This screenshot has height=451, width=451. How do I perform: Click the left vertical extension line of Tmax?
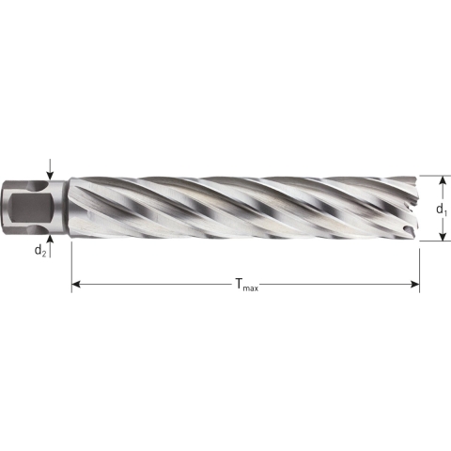coord(71,263)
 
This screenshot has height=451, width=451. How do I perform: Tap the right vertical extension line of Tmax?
coord(419,263)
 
